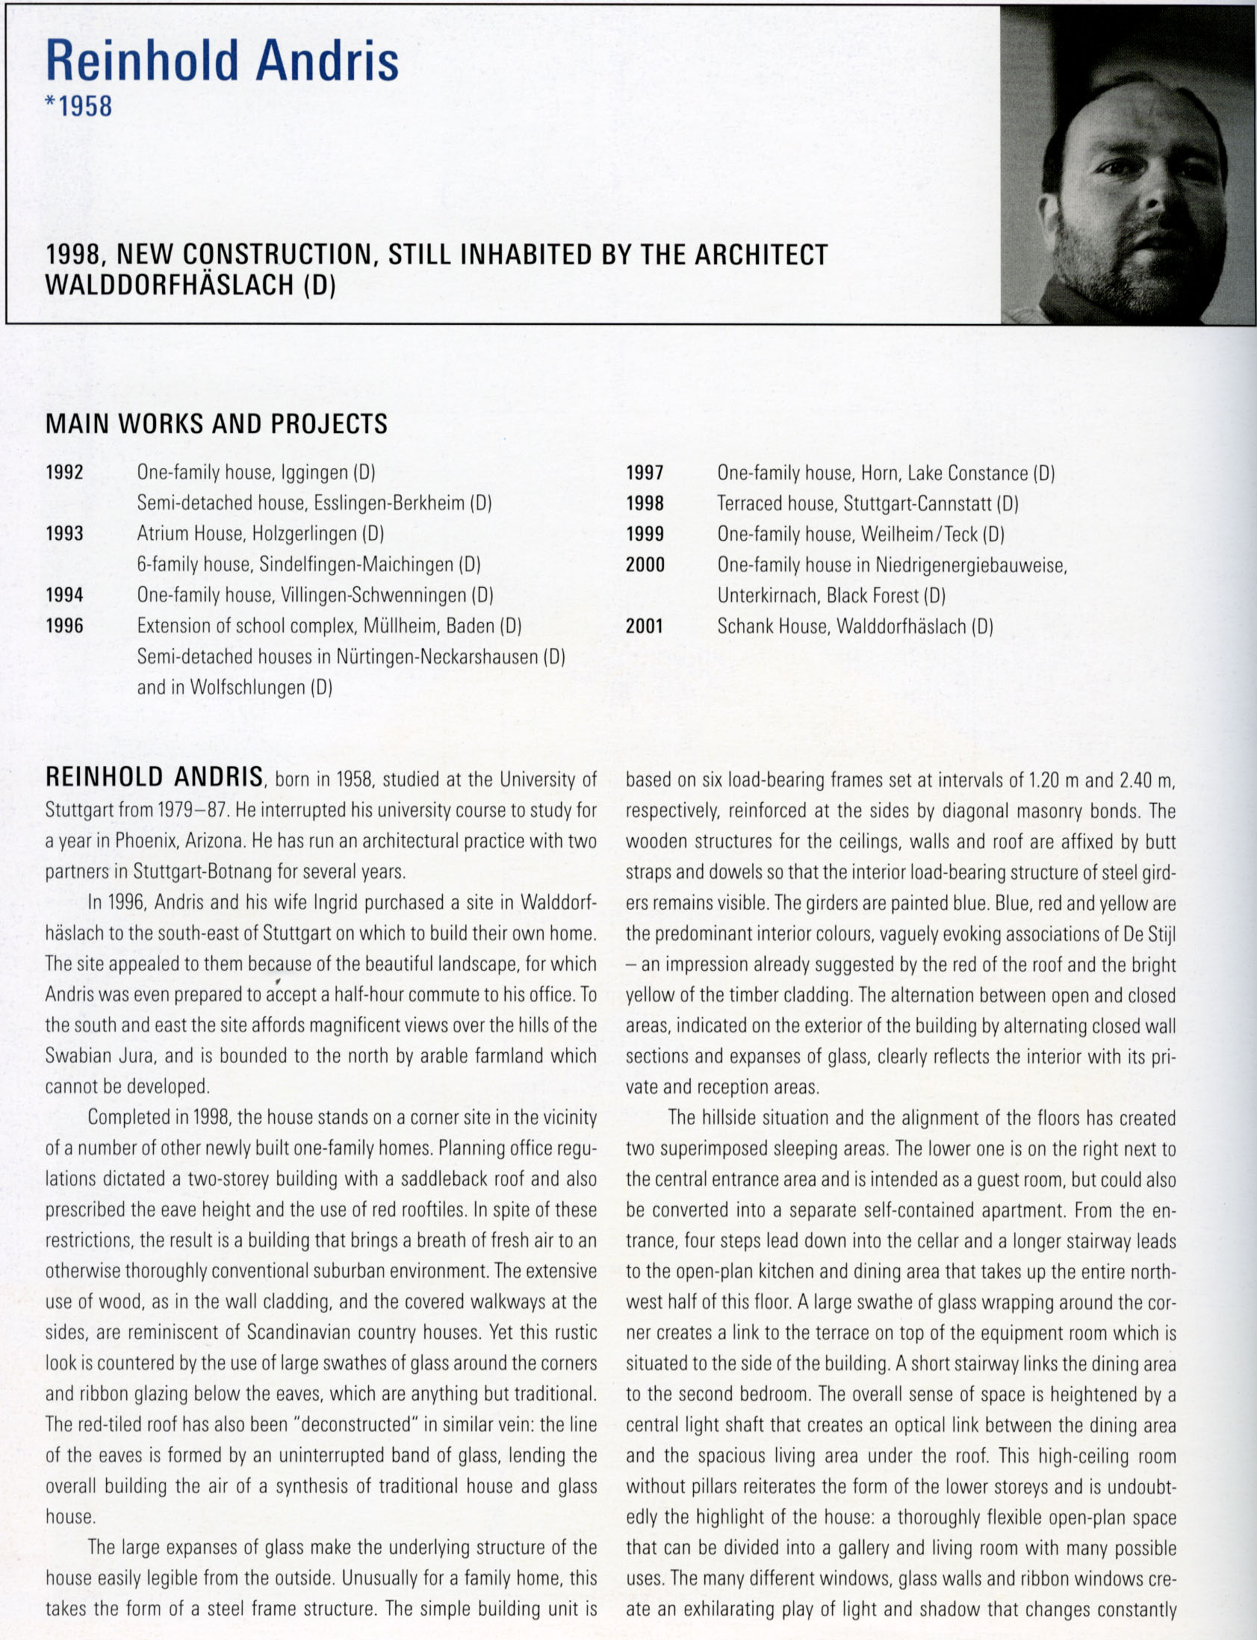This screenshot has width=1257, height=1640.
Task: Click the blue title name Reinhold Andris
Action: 223,60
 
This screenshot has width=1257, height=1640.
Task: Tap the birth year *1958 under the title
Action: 78,106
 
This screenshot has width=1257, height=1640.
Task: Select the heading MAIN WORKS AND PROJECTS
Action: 217,424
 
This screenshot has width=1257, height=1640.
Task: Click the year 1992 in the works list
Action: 64,473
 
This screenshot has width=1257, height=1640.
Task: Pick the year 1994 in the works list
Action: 64,595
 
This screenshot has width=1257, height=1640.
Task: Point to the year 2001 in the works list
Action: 645,627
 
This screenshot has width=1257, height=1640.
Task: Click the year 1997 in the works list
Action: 645,473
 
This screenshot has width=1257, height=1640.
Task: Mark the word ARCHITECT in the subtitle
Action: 761,255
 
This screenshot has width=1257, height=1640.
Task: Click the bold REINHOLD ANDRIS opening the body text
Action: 154,777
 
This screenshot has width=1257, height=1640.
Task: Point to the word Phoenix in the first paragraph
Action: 145,841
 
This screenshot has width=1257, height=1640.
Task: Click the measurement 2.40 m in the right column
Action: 1146,780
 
